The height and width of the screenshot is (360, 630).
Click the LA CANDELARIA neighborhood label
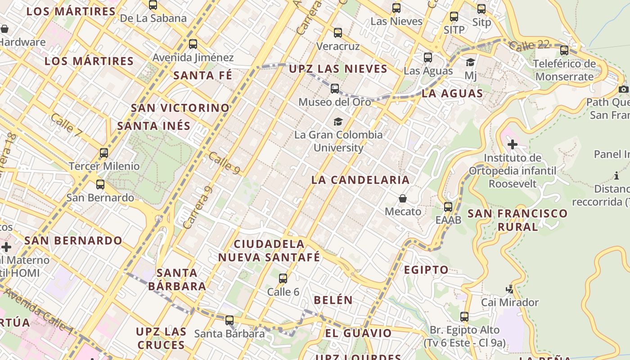(360, 180)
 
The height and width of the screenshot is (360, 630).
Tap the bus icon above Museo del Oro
(335, 89)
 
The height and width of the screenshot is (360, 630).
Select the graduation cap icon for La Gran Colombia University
(338, 121)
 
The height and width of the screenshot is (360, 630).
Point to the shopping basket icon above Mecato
(403, 198)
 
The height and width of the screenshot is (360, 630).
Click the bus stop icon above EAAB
(448, 207)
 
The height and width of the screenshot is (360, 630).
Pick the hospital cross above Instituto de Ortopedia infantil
(512, 145)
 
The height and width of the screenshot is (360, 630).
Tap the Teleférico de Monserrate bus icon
(564, 50)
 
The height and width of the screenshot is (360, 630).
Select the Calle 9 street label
(224, 163)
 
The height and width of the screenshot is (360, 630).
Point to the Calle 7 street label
(66, 126)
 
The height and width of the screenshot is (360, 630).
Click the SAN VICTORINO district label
(180, 108)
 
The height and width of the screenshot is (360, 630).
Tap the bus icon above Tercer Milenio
(104, 153)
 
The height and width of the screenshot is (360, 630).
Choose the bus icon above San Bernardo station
(100, 184)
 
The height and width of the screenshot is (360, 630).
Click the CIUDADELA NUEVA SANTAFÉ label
(269, 251)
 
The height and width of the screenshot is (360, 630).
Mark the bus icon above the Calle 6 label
(283, 279)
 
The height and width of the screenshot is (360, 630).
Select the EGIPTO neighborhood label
(426, 270)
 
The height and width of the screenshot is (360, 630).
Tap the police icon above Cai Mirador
(510, 289)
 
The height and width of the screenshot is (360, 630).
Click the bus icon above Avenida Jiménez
(193, 44)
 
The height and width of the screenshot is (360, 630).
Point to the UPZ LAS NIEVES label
(338, 69)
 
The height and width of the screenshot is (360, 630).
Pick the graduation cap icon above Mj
(471, 62)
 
